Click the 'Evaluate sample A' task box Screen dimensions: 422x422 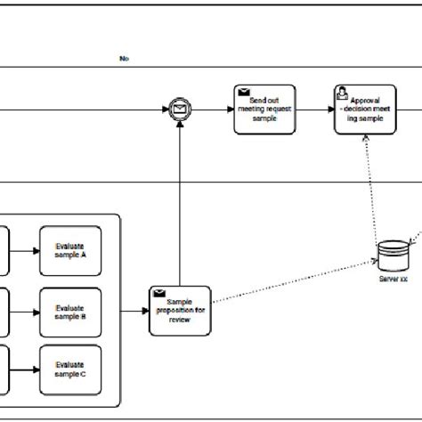pyautogui.click(x=70, y=251)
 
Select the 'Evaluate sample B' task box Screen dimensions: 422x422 pyautogui.click(x=70, y=312)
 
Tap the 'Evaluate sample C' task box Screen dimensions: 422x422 pyautogui.click(x=70, y=369)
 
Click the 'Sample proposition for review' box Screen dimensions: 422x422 pyautogui.click(x=181, y=312)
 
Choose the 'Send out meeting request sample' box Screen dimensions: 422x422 pyautogui.click(x=264, y=110)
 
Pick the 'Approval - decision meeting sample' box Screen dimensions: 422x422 pyautogui.click(x=364, y=110)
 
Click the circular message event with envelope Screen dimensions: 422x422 pyautogui.click(x=181, y=110)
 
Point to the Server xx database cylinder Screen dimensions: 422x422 pyautogui.click(x=390, y=256)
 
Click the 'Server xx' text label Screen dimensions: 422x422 pyautogui.click(x=390, y=279)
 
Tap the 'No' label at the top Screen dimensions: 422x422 pyautogui.click(x=124, y=59)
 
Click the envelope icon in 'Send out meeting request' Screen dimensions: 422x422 pyautogui.click(x=243, y=92)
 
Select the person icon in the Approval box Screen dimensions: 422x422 pyautogui.click(x=343, y=92)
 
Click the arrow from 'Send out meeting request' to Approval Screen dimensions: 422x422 pyautogui.click(x=314, y=110)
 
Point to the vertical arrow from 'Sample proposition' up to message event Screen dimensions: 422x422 pyautogui.click(x=181, y=205)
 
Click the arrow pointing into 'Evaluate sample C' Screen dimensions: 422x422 pyautogui.click(x=24, y=369)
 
